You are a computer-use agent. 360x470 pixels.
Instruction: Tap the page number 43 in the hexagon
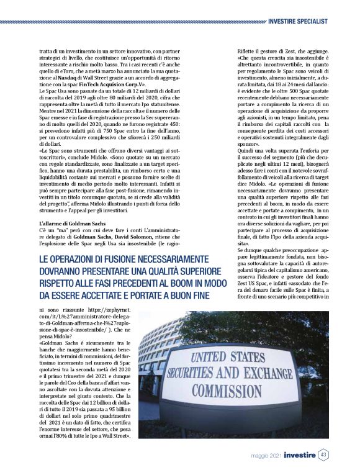pyautogui.click(x=323, y=456)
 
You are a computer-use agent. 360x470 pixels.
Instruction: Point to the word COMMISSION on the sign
pyautogui.click(x=226, y=391)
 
